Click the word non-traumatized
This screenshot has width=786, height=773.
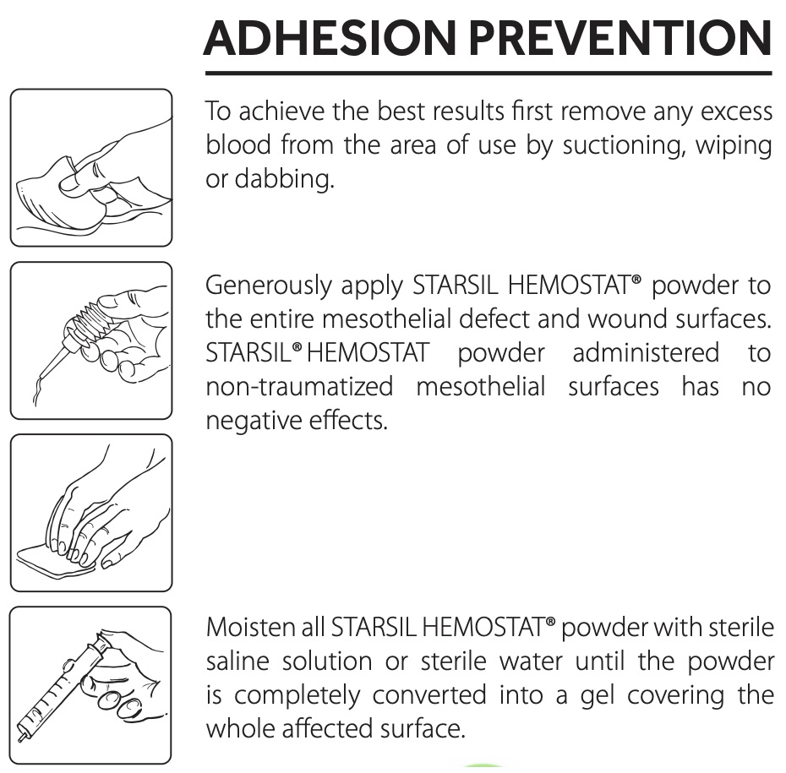(299, 387)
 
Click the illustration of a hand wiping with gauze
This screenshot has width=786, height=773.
(91, 167)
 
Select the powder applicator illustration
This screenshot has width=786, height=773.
(91, 340)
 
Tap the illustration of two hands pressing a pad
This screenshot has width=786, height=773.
(91, 512)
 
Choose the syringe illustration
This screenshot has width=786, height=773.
(91, 684)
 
